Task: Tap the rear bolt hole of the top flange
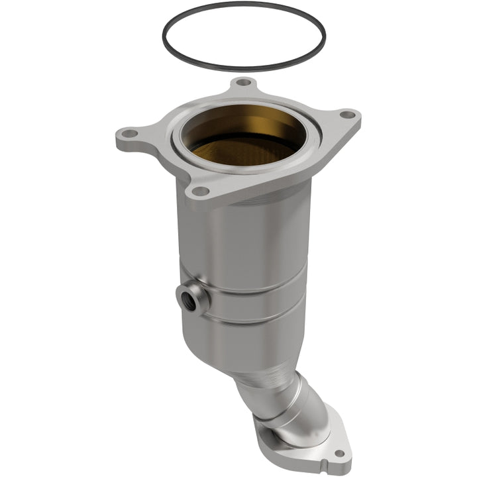coord(244,83)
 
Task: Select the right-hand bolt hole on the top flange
coord(346,115)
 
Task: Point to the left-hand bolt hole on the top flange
coord(130,134)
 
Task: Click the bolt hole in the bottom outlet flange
coord(339,454)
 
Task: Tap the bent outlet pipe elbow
coord(291,404)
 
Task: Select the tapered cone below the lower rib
coord(265,351)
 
